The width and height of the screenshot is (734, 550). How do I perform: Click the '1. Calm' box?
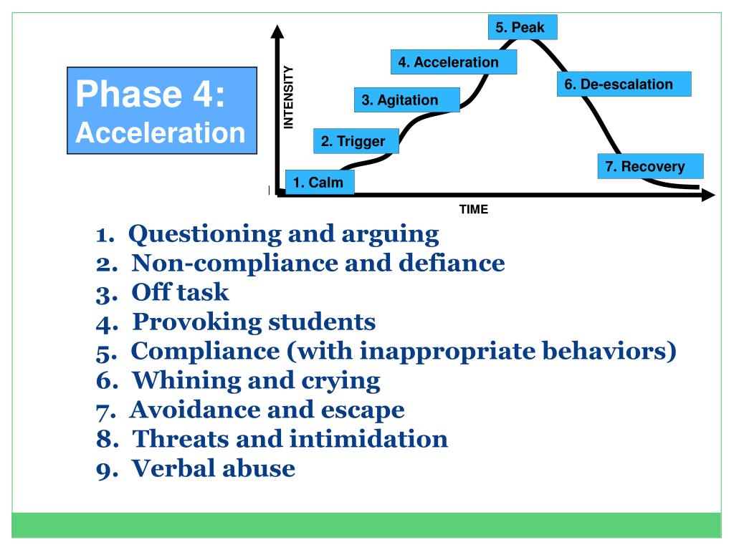pyautogui.click(x=320, y=183)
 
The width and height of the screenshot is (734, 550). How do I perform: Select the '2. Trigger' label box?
pyautogui.click(x=353, y=142)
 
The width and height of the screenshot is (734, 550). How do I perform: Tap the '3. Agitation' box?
pyautogui.click(x=406, y=100)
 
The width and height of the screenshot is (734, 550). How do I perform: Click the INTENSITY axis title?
pyautogui.click(x=289, y=97)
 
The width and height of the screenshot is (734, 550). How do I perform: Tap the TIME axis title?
pyautogui.click(x=473, y=210)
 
